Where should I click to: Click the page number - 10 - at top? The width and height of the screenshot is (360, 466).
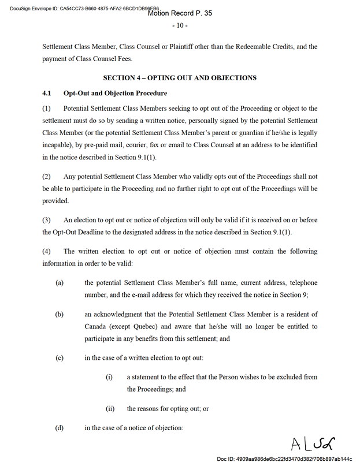(180, 25)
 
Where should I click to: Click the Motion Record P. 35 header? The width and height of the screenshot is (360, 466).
(180, 13)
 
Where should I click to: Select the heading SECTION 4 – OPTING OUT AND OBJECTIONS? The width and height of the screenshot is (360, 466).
(180, 77)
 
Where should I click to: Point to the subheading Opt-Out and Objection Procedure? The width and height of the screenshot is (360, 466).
(115, 93)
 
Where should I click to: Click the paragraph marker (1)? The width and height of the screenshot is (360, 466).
(47, 109)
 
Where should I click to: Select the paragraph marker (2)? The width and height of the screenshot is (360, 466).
(47, 176)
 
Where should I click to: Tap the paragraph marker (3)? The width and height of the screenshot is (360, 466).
(47, 220)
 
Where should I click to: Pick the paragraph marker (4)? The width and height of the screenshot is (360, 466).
(47, 251)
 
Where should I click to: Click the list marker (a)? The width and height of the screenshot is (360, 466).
(59, 283)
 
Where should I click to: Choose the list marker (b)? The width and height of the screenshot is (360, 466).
(59, 314)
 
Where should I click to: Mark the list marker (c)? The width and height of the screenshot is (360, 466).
(59, 358)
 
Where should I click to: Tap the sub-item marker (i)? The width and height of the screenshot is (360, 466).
(109, 377)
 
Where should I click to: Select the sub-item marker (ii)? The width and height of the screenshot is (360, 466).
(110, 408)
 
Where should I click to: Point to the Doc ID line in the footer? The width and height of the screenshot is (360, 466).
(284, 458)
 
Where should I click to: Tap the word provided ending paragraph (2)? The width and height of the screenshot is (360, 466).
(55, 202)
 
